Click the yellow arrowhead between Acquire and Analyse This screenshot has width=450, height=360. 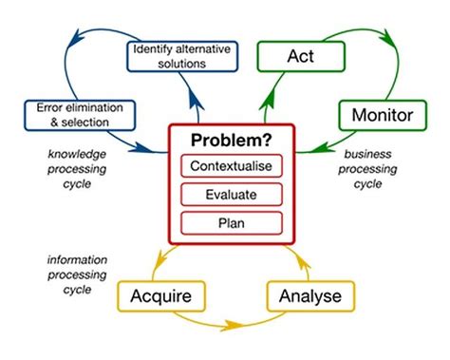234,328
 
